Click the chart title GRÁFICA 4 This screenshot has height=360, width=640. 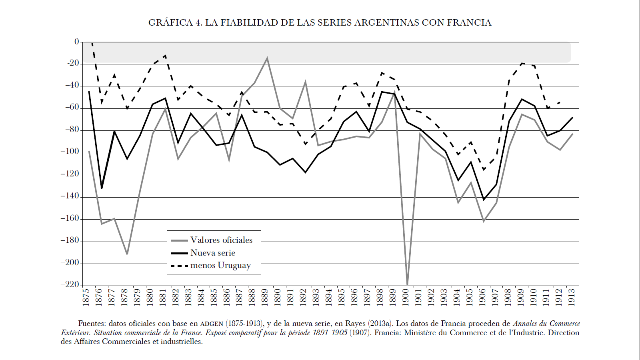[x=320, y=23]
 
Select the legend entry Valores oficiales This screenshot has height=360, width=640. [x=221, y=240]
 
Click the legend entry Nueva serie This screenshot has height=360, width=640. [x=213, y=253]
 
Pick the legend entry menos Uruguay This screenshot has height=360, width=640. [x=220, y=266]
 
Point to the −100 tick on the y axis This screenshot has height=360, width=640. [x=70, y=152]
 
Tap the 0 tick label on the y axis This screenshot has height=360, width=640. [x=77, y=42]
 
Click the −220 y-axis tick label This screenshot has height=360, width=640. [x=70, y=285]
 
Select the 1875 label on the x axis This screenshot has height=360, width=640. [x=86, y=297]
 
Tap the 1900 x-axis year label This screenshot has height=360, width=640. [x=406, y=297]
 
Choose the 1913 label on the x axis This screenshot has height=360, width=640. [x=572, y=297]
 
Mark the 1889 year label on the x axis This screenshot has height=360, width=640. [x=265, y=297]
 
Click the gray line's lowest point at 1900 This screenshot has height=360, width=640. [x=407, y=284]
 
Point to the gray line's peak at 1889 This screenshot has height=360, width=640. [x=267, y=58]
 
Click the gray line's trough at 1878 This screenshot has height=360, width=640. [x=127, y=254]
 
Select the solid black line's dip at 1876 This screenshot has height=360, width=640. [x=102, y=188]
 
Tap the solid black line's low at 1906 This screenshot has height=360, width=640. [x=484, y=200]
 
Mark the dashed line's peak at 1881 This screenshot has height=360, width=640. [x=165, y=55]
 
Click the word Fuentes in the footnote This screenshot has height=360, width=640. [x=92, y=324]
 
